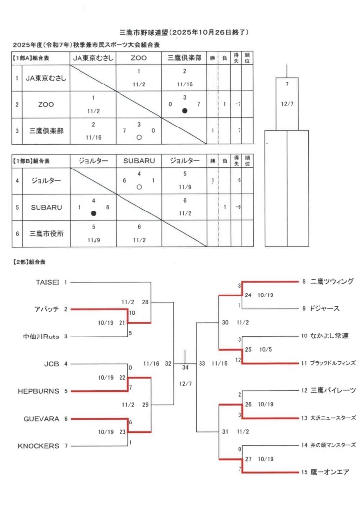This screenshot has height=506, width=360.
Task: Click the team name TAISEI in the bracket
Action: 47,282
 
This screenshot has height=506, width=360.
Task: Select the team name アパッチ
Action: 47,309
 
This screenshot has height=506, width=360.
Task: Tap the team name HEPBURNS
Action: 39,391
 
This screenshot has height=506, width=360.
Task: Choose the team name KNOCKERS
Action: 39,446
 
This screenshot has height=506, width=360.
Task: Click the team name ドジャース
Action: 325,309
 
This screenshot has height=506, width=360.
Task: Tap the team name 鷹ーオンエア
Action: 330,472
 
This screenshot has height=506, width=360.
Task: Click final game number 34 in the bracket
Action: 185,367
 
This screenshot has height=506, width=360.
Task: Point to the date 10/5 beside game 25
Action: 265,349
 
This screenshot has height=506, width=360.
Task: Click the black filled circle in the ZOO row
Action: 185,111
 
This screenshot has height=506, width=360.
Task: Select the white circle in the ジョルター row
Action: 139,187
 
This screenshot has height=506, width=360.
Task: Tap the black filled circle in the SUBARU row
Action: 93,213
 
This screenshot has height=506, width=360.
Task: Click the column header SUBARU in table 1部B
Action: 139,161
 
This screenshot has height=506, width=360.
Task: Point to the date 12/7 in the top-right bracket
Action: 287,104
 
